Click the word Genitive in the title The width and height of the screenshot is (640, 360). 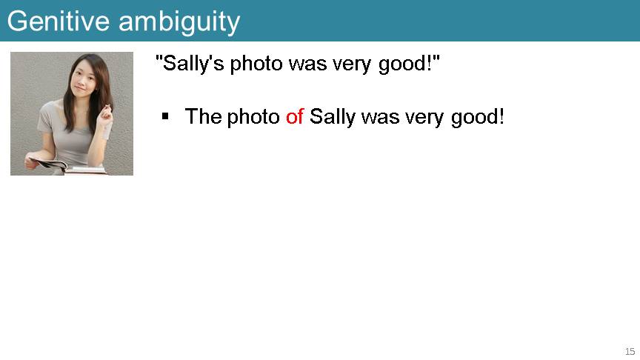59,21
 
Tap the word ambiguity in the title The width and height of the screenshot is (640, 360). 179,22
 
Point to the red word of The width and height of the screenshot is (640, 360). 294,116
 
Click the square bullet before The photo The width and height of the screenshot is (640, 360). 165,116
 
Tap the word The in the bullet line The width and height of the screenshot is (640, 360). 203,116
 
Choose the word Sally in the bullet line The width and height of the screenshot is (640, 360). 333,117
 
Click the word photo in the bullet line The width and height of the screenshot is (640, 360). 253,117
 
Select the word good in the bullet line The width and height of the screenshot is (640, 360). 474,118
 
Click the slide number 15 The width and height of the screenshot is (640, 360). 630,351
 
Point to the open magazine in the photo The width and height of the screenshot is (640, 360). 48,164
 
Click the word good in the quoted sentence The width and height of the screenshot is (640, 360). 401,65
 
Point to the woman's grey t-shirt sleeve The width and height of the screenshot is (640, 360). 45,119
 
